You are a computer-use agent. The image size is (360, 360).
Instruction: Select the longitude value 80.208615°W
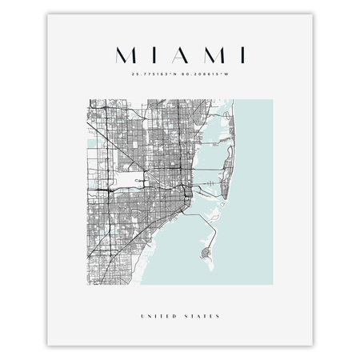tap(206, 75)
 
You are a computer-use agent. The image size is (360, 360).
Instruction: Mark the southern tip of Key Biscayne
tap(203, 262)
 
